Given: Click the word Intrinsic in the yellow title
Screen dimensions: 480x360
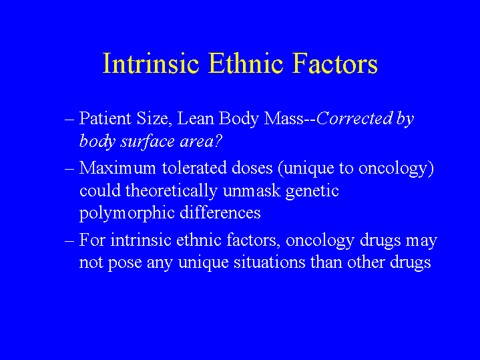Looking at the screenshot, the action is pyautogui.click(x=151, y=63).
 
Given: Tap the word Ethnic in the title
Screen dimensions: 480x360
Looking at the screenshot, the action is pyautogui.click(x=246, y=63).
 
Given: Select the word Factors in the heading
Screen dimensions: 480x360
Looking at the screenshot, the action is pyautogui.click(x=334, y=63).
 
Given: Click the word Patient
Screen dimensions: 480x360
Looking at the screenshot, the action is pyautogui.click(x=105, y=118).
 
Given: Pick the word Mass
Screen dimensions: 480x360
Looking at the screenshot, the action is pyautogui.click(x=284, y=118).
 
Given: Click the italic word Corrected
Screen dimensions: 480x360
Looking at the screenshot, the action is pyautogui.click(x=354, y=118).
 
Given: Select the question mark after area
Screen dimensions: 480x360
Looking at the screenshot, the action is pyautogui.click(x=218, y=141).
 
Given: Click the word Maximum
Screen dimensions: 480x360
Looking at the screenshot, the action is pyautogui.click(x=117, y=168).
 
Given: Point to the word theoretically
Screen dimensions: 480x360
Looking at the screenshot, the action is pyautogui.click(x=171, y=191).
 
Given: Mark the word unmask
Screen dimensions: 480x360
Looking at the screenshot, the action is pyautogui.click(x=252, y=190).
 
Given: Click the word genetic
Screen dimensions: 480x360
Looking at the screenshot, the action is pyautogui.click(x=312, y=191).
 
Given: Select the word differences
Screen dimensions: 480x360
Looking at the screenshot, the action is pyautogui.click(x=220, y=212).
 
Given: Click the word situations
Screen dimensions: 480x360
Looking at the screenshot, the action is pyautogui.click(x=270, y=262).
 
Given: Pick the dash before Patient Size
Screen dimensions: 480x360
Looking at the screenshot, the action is pyautogui.click(x=69, y=120).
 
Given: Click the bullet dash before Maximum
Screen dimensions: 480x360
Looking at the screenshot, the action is pyautogui.click(x=69, y=169).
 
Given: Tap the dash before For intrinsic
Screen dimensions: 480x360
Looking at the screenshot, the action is pyautogui.click(x=69, y=241).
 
